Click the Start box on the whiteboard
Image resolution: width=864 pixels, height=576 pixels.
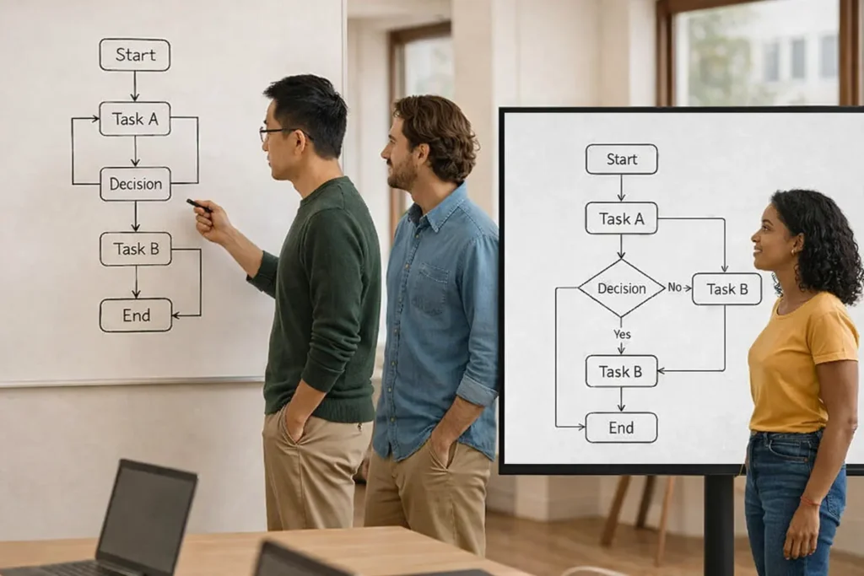click(x=135, y=55)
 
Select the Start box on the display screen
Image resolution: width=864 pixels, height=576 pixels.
click(x=621, y=159)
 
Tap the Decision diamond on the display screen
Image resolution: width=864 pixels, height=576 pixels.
click(x=621, y=288)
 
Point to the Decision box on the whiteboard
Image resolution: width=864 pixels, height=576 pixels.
click(x=135, y=184)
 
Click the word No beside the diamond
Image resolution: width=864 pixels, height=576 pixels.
click(x=675, y=288)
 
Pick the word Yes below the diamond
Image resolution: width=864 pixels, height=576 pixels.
click(x=622, y=334)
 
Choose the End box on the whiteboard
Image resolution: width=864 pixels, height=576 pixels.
click(x=136, y=315)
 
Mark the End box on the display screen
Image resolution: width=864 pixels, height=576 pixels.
click(x=621, y=428)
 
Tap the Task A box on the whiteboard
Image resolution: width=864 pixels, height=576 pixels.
click(x=135, y=119)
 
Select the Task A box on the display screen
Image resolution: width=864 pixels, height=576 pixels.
click(x=621, y=218)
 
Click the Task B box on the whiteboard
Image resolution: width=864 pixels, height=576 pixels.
click(x=135, y=249)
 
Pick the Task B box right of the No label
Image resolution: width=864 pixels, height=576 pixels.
click(x=726, y=288)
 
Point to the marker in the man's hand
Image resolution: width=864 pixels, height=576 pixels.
click(x=197, y=204)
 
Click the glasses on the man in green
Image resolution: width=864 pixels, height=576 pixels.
click(x=275, y=132)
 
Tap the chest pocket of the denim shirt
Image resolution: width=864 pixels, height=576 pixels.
click(x=430, y=287)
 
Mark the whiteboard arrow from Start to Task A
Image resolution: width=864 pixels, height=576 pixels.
click(x=134, y=86)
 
